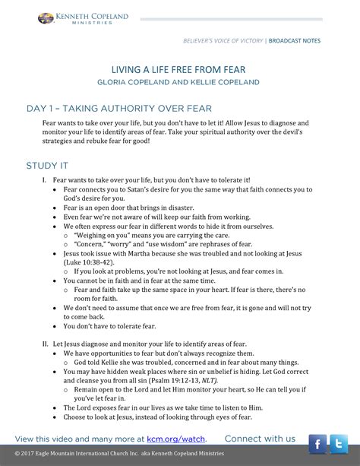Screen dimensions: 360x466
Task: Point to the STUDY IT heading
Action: point(48,165)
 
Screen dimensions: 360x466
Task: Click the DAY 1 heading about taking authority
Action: point(118,108)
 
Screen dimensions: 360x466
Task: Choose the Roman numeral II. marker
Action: point(46,343)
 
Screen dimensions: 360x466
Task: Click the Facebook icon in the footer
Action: point(317,442)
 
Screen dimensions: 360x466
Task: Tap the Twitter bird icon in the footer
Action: point(338,442)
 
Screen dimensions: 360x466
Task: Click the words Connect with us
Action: point(260,439)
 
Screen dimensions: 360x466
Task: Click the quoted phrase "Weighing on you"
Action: point(101,235)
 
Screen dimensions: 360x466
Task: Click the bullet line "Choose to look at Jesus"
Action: point(157,417)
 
